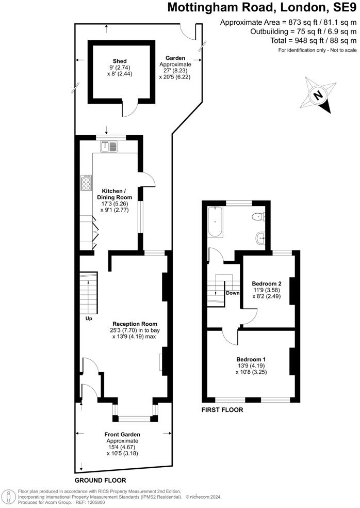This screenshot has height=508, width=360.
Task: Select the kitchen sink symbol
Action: pos(109,146)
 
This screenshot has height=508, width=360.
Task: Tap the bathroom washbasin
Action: pos(260,238)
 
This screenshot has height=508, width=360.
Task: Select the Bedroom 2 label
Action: pos(266,283)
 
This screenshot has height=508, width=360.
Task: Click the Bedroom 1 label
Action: pos(251,359)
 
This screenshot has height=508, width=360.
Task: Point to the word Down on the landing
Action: pos(233,293)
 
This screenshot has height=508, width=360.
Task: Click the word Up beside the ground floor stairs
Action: pos(89,319)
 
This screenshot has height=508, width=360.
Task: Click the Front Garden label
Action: pos(122,435)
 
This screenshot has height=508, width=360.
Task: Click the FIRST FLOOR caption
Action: pos(222,410)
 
